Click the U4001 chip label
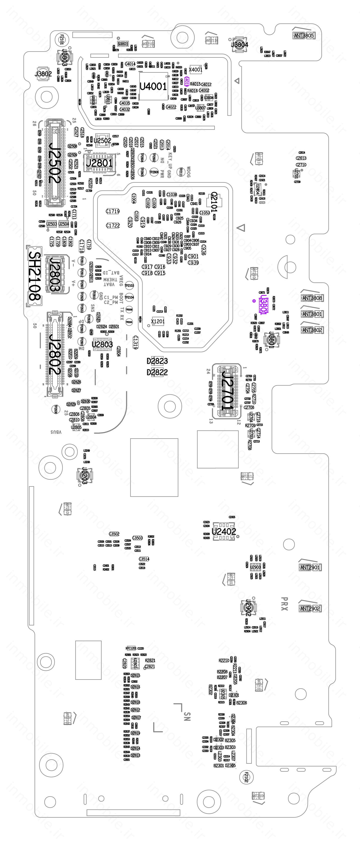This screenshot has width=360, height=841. pos(153,86)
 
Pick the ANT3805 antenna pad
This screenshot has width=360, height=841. pos(303,36)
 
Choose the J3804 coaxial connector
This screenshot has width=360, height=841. pos(239,44)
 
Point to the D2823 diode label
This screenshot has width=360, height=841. pos(157,361)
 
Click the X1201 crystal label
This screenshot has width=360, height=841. pos(158,322)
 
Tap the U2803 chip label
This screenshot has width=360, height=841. pos(102,344)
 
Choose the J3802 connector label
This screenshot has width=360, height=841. pos(43,74)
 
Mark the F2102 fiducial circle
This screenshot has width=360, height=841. pos(246,777)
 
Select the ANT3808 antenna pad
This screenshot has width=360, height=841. pos(312,298)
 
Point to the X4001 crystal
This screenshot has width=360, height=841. pos(196,70)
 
